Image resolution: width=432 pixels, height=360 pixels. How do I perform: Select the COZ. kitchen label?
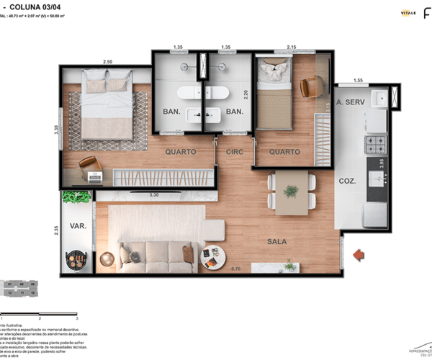[349, 181]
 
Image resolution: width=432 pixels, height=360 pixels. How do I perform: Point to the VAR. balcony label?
[78, 226]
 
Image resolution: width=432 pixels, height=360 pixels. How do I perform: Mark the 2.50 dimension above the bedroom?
[108, 62]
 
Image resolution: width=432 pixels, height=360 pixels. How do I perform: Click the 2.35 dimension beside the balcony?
[56, 233]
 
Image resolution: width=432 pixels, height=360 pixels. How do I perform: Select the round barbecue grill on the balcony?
[77, 257]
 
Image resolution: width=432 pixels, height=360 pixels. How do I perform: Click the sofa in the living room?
[171, 255]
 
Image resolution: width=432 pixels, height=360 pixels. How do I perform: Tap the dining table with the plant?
[291, 192]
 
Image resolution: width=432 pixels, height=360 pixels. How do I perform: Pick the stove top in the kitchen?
[376, 145]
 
